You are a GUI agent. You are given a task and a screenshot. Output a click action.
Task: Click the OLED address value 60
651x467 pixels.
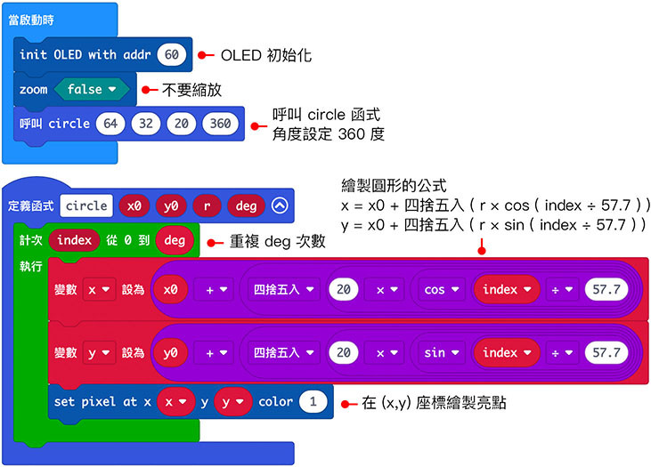coord(172,55)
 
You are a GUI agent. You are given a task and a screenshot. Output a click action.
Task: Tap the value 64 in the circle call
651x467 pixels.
coord(111,124)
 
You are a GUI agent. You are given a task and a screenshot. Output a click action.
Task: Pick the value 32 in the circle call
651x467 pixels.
coord(147,124)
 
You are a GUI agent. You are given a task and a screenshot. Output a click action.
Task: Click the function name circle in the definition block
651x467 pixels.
coord(86,206)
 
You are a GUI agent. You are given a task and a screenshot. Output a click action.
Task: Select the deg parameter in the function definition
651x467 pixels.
coord(246,206)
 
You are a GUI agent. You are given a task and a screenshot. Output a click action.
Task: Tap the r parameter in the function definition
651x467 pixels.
coord(206,206)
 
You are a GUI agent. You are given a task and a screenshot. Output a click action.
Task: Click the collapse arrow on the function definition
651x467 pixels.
coord(281,206)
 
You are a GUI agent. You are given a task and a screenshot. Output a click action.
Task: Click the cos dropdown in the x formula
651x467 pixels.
coord(439,289)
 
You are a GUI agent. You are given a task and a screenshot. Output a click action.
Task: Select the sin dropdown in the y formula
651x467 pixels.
coord(439,353)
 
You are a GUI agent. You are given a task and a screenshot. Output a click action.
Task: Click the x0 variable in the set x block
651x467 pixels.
coord(170,289)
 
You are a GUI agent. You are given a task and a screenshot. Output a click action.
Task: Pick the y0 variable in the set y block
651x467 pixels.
coord(170,353)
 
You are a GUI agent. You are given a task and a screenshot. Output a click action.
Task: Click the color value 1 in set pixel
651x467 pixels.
coord(311,402)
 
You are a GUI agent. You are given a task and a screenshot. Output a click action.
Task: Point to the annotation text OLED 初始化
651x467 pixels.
coord(266,55)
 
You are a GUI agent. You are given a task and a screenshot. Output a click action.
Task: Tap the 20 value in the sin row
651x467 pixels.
coord(343,353)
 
